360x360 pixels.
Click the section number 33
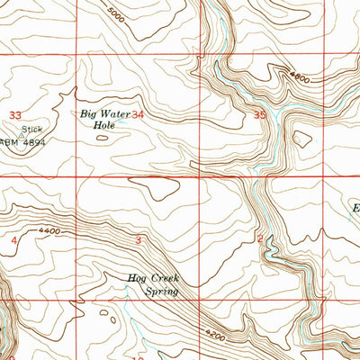(x=15, y=115)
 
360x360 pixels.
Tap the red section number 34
(x=138, y=115)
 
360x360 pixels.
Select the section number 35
(x=260, y=115)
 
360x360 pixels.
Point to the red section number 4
(x=14, y=241)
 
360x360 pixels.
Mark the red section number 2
(x=259, y=238)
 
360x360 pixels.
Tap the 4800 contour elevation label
(x=300, y=79)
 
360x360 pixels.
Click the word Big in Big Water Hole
(x=88, y=114)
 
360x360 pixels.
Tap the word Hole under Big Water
(x=104, y=127)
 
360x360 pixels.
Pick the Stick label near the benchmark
(x=32, y=129)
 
